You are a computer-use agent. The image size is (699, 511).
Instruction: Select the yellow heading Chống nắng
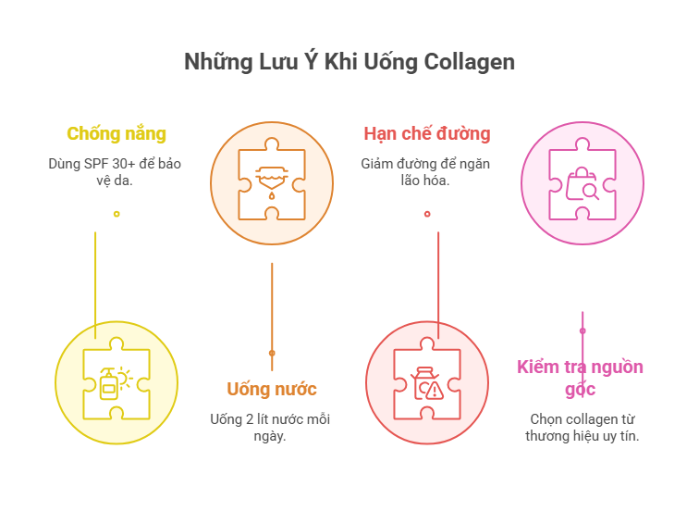pyautogui.click(x=116, y=133)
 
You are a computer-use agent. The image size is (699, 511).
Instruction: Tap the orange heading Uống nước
pyautogui.click(x=272, y=388)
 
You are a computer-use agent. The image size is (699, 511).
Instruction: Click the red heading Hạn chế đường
pyautogui.click(x=427, y=133)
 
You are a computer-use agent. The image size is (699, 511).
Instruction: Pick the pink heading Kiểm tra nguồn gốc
pyautogui.click(x=580, y=378)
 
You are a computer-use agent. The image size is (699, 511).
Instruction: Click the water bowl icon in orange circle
pyautogui.click(x=271, y=173)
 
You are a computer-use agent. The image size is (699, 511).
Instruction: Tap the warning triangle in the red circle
pyautogui.click(x=435, y=391)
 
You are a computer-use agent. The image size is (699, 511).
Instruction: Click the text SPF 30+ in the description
pyautogui.click(x=104, y=163)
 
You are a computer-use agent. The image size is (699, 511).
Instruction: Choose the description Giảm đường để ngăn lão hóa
pyautogui.click(x=426, y=171)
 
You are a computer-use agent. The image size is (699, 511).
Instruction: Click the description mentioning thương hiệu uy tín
pyautogui.click(x=582, y=427)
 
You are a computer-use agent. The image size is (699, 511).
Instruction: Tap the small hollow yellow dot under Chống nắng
pyautogui.click(x=116, y=214)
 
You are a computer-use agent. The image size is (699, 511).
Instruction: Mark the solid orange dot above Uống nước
pyautogui.click(x=272, y=353)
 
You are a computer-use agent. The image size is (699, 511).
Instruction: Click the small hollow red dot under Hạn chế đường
pyautogui.click(x=427, y=214)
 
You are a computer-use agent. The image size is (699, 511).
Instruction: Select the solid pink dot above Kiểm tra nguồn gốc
pyautogui.click(x=582, y=329)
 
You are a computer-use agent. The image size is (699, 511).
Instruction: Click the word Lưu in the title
pyautogui.click(x=276, y=62)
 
